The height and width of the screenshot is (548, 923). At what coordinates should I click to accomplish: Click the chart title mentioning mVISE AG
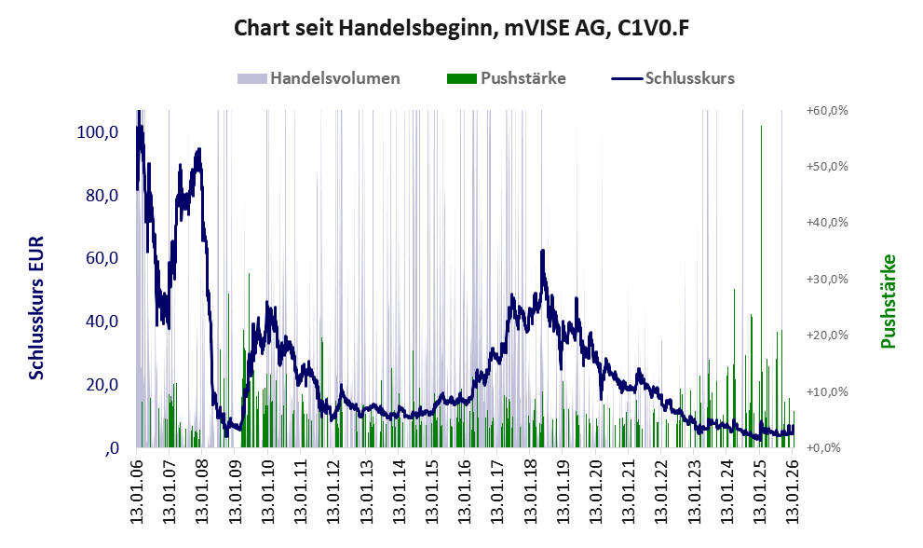461,29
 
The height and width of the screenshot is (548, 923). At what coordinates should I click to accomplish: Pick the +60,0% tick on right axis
826,110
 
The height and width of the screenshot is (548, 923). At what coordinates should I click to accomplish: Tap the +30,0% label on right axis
826,279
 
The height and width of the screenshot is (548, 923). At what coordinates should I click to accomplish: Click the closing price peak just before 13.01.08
198,150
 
